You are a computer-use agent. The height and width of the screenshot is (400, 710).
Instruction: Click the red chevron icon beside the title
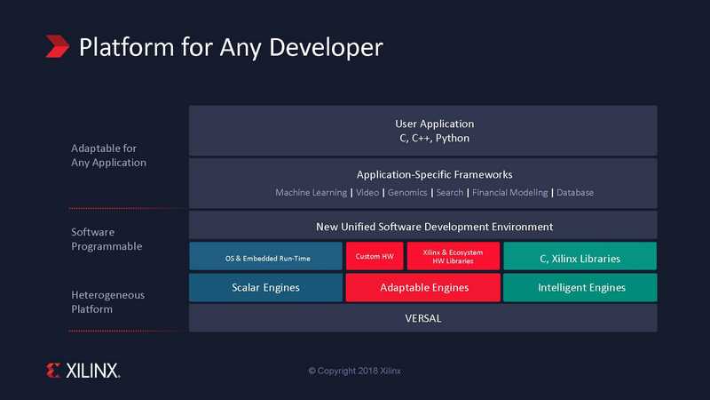click(x=57, y=46)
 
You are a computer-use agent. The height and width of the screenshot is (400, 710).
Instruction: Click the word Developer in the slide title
click(x=326, y=48)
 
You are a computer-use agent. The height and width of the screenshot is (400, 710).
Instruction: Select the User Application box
click(x=423, y=131)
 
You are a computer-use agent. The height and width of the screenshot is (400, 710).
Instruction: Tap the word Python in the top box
click(x=453, y=139)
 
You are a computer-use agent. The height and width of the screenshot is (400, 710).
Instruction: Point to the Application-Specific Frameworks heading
click(x=434, y=174)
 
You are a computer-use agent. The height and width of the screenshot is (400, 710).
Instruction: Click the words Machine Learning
click(x=312, y=193)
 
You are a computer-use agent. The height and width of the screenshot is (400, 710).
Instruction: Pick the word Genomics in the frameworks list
click(x=407, y=193)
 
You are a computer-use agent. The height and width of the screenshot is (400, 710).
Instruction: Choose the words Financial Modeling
click(x=509, y=193)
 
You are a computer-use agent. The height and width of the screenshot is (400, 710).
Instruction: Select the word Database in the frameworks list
click(x=575, y=193)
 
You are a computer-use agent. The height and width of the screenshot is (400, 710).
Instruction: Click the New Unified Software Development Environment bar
click(x=423, y=226)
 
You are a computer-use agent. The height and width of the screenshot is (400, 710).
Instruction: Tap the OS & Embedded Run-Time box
click(x=265, y=256)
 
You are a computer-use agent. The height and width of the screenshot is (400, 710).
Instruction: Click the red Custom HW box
click(x=375, y=256)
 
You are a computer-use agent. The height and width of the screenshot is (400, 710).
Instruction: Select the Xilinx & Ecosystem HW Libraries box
click(x=454, y=256)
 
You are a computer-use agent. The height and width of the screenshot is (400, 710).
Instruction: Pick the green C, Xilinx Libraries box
click(x=580, y=256)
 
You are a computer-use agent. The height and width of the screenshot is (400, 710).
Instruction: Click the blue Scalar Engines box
click(x=265, y=287)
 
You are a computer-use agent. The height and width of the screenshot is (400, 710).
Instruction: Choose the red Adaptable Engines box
click(x=423, y=287)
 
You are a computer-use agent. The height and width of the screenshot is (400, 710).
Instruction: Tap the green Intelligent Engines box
click(x=580, y=287)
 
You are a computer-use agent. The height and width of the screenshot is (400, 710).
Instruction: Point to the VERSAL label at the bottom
click(x=423, y=318)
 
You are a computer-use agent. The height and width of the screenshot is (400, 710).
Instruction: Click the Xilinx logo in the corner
click(x=83, y=371)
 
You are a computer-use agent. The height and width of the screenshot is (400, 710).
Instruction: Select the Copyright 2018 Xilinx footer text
click(x=354, y=371)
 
